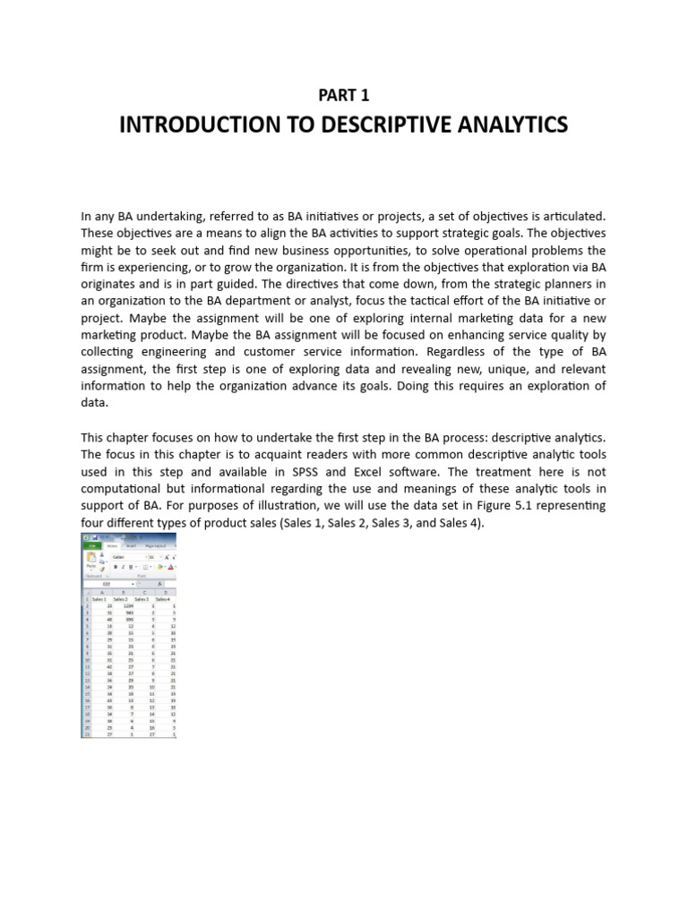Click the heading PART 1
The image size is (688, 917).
point(343,95)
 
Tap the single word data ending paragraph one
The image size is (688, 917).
point(94,403)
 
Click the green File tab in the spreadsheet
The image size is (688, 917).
point(90,544)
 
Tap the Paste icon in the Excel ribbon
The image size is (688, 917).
point(91,561)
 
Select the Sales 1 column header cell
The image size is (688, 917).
point(99,598)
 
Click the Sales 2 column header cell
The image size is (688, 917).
point(121,598)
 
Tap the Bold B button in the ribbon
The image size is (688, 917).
point(115,567)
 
